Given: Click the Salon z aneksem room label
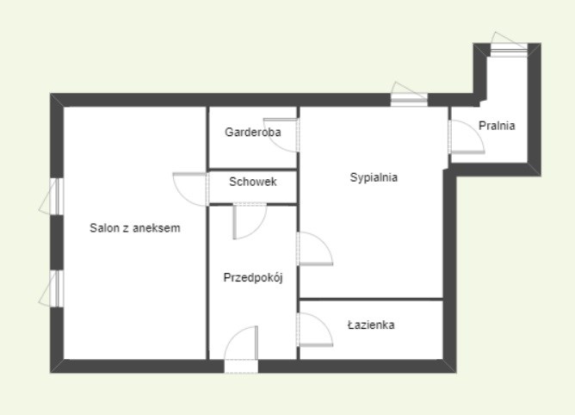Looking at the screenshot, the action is click(135, 228).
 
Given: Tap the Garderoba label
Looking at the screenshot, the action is click(253, 132).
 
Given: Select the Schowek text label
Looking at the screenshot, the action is click(253, 182).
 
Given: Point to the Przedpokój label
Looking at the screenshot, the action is click(253, 277).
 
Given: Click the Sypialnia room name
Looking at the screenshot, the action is click(374, 177).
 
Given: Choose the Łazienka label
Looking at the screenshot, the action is click(371, 325).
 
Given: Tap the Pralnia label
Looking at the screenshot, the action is click(497, 126).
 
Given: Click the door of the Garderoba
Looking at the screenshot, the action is click(281, 134).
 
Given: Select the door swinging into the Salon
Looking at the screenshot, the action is click(190, 189).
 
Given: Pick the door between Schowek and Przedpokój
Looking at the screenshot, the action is click(250, 220).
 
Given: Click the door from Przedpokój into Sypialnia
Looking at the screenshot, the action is click(315, 248).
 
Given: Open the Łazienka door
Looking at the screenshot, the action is click(315, 329).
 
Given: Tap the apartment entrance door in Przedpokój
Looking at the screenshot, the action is click(241, 349).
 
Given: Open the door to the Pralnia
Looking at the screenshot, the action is click(467, 137).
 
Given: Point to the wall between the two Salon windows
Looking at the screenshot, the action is click(57, 243).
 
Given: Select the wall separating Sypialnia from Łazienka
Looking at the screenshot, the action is click(372, 300).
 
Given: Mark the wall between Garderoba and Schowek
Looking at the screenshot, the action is click(253, 170).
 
